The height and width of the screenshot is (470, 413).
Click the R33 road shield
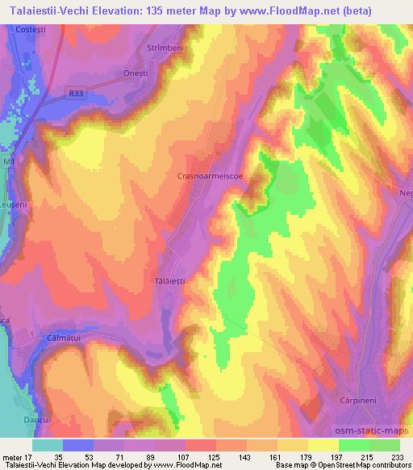click(76, 94)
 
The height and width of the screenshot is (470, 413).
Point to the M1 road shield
click(10, 162)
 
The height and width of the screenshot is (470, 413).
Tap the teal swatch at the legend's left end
click(48, 444)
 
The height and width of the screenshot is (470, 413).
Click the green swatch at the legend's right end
click(385, 444)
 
